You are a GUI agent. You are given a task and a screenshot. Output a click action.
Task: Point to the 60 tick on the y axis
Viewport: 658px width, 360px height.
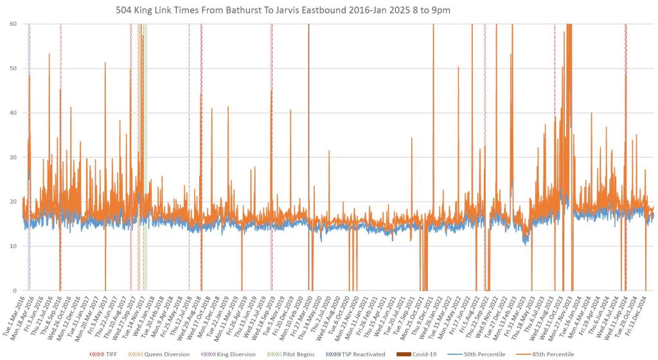[x=13, y=24]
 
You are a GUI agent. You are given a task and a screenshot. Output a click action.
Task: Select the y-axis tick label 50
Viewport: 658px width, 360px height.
[x=13, y=69]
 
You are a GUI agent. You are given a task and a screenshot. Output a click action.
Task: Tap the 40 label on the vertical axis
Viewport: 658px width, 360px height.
[x=13, y=113]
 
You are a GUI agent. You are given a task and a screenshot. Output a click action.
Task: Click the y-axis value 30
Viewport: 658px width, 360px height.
[x=13, y=157]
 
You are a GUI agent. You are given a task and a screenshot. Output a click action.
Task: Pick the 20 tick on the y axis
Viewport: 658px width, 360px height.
[x=13, y=202]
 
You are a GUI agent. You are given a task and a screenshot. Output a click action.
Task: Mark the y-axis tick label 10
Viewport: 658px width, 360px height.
[x=13, y=246]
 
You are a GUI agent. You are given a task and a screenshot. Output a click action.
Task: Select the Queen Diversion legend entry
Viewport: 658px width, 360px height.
[x=164, y=354]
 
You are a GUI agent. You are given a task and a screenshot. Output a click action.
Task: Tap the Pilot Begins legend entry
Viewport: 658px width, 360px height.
[x=296, y=354]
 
